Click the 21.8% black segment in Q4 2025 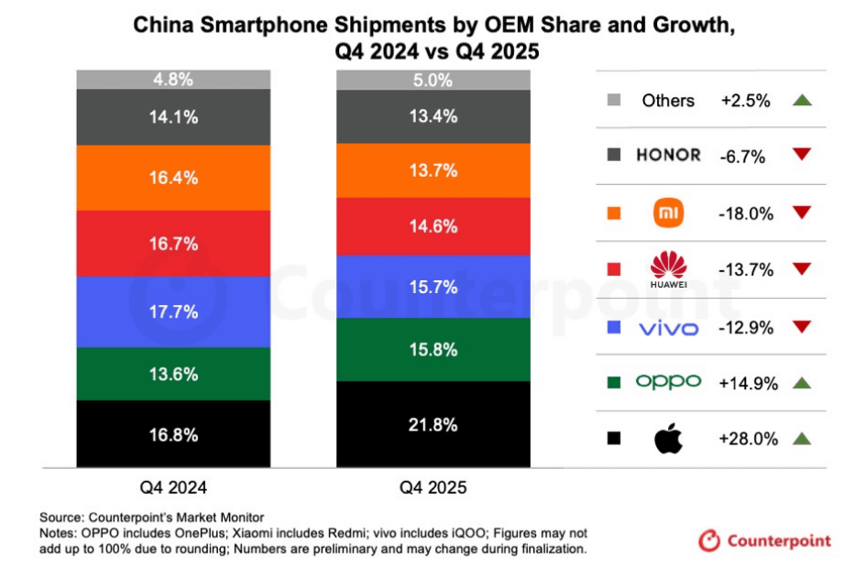click(433, 426)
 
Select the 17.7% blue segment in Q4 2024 click(173, 311)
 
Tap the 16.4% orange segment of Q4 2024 click(173, 178)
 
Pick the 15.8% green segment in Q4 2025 click(433, 349)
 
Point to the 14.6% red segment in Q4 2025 click(433, 226)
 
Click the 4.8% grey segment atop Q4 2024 click(173, 80)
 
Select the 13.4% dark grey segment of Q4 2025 click(433, 116)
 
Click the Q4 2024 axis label click(173, 487)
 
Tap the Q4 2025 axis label click(433, 487)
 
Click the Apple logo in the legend click(668, 439)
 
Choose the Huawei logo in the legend click(668, 268)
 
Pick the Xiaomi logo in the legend click(668, 213)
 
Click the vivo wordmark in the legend click(668, 327)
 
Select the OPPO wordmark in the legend click(668, 382)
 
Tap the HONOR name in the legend click(668, 155)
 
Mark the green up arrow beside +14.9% click(802, 382)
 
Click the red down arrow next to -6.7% click(802, 155)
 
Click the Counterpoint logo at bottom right click(764, 540)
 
